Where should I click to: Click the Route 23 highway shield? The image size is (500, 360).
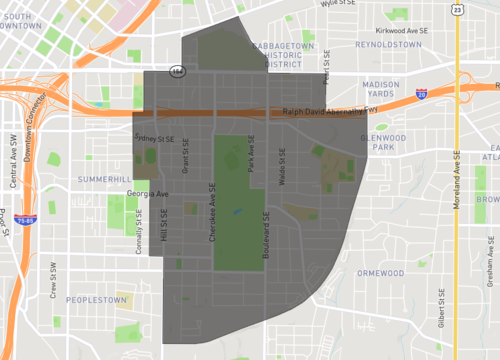coord(456,9)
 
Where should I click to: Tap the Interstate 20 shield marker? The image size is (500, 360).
coord(422,93)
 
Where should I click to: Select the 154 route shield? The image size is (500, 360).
coord(177,72)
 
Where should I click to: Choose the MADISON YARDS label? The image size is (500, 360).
coord(381,90)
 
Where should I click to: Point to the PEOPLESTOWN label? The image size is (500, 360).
coord(96,300)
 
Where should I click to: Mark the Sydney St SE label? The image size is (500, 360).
coord(154,139)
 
